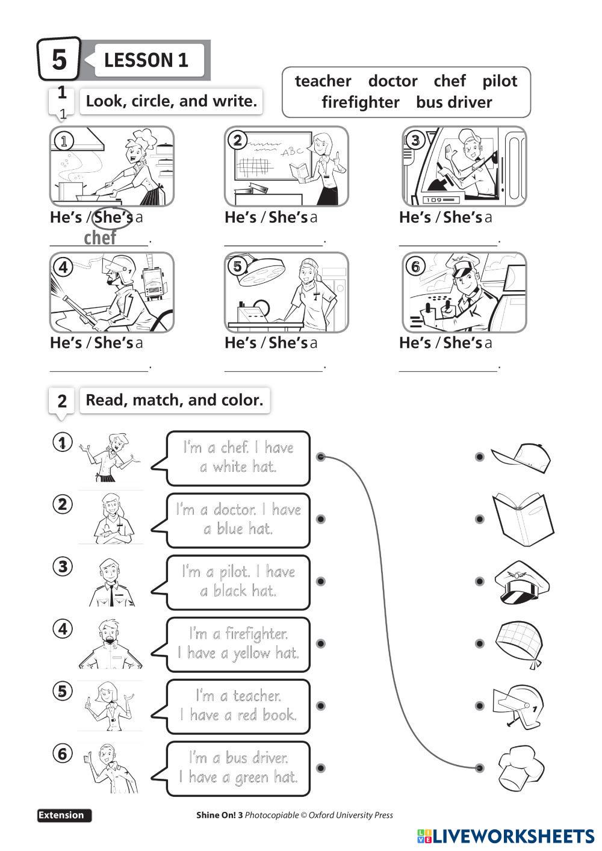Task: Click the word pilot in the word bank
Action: pyautogui.click(x=499, y=81)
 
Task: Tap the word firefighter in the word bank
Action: pyautogui.click(x=360, y=102)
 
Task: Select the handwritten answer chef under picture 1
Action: pyautogui.click(x=100, y=238)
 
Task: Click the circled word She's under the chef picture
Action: pyautogui.click(x=113, y=217)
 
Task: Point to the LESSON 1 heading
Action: pyautogui.click(x=146, y=60)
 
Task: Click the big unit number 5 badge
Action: pyautogui.click(x=59, y=60)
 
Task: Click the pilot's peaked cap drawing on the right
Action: pyautogui.click(x=522, y=582)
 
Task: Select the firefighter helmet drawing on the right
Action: pyautogui.click(x=518, y=705)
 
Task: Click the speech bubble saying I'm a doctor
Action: pyautogui.click(x=238, y=519)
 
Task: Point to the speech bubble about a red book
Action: pyautogui.click(x=238, y=706)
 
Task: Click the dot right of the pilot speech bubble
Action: pyautogui.click(x=321, y=581)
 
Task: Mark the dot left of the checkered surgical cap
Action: pyautogui.click(x=479, y=644)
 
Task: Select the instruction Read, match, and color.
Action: pyautogui.click(x=175, y=400)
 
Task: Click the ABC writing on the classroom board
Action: pyautogui.click(x=293, y=151)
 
